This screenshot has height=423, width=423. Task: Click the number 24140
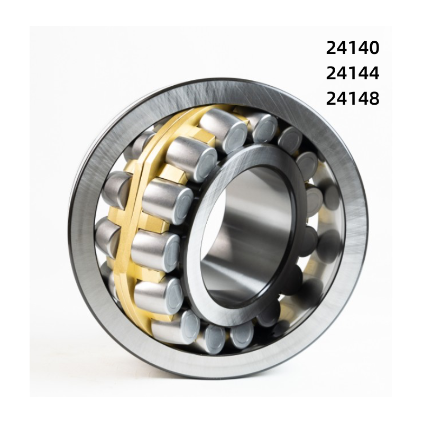click(353, 48)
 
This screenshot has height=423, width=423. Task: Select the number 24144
click(353, 73)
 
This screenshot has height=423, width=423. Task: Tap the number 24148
click(353, 98)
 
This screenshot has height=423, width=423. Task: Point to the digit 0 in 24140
click(374, 48)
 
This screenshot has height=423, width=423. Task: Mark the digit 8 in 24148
click(374, 98)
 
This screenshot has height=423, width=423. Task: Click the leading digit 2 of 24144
click(332, 73)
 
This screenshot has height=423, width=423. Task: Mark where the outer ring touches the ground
click(212, 376)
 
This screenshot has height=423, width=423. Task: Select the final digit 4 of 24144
click(374, 73)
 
